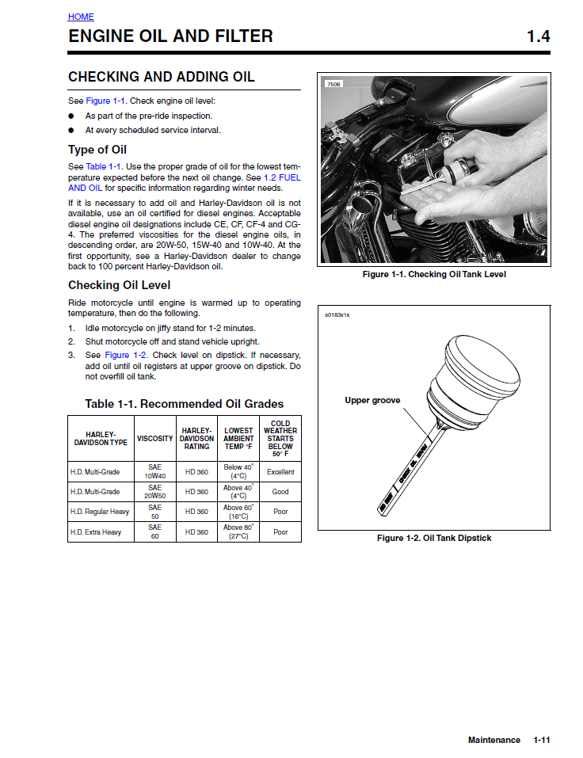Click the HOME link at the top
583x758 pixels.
tap(81, 17)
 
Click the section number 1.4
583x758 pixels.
tap(538, 36)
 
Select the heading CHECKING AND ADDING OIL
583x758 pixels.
tap(161, 77)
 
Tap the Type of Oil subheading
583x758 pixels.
tap(97, 150)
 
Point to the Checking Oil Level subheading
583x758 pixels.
tap(119, 285)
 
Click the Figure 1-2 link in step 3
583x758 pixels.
tap(128, 355)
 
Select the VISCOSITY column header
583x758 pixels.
tap(155, 438)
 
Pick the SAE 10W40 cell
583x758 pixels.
tap(155, 472)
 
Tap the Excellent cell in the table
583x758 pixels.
tap(280, 472)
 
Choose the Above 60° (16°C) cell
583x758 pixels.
tap(238, 512)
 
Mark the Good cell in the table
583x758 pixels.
tap(280, 492)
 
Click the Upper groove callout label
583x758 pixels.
tap(372, 401)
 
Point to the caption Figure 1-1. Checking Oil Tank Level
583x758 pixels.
tap(433, 275)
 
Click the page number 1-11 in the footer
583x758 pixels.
tap(542, 740)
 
